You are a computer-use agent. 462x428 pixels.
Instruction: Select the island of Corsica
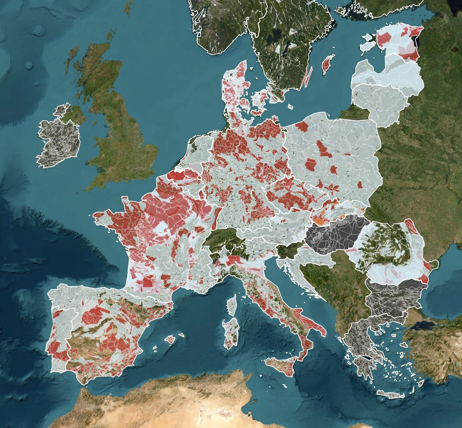pyautogui.click(x=231, y=305)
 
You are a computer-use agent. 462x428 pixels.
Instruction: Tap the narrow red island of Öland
pyautogui.click(x=306, y=78)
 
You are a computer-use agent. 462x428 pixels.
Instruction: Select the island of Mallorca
pyautogui.click(x=170, y=339)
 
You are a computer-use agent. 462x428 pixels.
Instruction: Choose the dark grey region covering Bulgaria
pyautogui.click(x=394, y=296)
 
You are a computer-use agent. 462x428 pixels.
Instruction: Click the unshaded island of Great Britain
pyautogui.click(x=124, y=141)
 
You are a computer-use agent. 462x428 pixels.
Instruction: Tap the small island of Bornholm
pyautogui.click(x=291, y=106)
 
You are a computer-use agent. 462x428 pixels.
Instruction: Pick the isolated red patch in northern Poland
pyautogui.click(x=302, y=126)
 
